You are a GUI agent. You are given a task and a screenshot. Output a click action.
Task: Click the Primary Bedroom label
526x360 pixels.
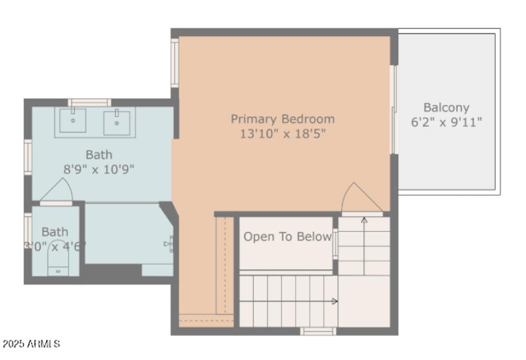pos(282,119)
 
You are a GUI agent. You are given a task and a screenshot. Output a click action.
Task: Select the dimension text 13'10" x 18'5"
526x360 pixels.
pos(282,134)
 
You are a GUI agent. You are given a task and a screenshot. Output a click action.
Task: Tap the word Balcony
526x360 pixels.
pos(446,107)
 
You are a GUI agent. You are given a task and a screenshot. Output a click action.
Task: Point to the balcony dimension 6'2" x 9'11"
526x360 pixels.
pos(446,122)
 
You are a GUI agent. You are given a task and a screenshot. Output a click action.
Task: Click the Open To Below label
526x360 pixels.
pos(287,236)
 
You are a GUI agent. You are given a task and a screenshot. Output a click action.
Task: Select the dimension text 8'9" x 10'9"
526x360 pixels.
pos(99,169)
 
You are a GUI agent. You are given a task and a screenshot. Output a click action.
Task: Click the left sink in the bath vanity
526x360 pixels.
pos(73,120)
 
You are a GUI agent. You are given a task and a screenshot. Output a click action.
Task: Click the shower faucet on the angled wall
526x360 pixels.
pos(168,244)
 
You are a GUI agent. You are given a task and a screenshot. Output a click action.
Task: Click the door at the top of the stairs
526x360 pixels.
pos(359,198)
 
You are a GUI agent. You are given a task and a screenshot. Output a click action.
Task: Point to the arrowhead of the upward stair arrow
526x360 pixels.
pos(364,219)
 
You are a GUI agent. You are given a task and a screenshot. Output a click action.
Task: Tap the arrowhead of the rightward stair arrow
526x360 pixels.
pos(335,302)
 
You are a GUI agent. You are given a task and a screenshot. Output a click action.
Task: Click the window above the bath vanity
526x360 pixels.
pos(89,102)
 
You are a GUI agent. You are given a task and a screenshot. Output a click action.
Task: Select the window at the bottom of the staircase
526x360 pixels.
pos(318,331)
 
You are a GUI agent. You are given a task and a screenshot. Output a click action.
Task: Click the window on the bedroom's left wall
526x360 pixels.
pos(175,62)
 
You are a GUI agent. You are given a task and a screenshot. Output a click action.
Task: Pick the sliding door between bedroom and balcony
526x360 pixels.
pos(394,110)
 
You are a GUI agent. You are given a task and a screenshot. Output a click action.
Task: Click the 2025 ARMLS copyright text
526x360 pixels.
pos(32,344)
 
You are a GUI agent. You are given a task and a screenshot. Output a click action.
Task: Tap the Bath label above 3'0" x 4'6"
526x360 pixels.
pos(55,231)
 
